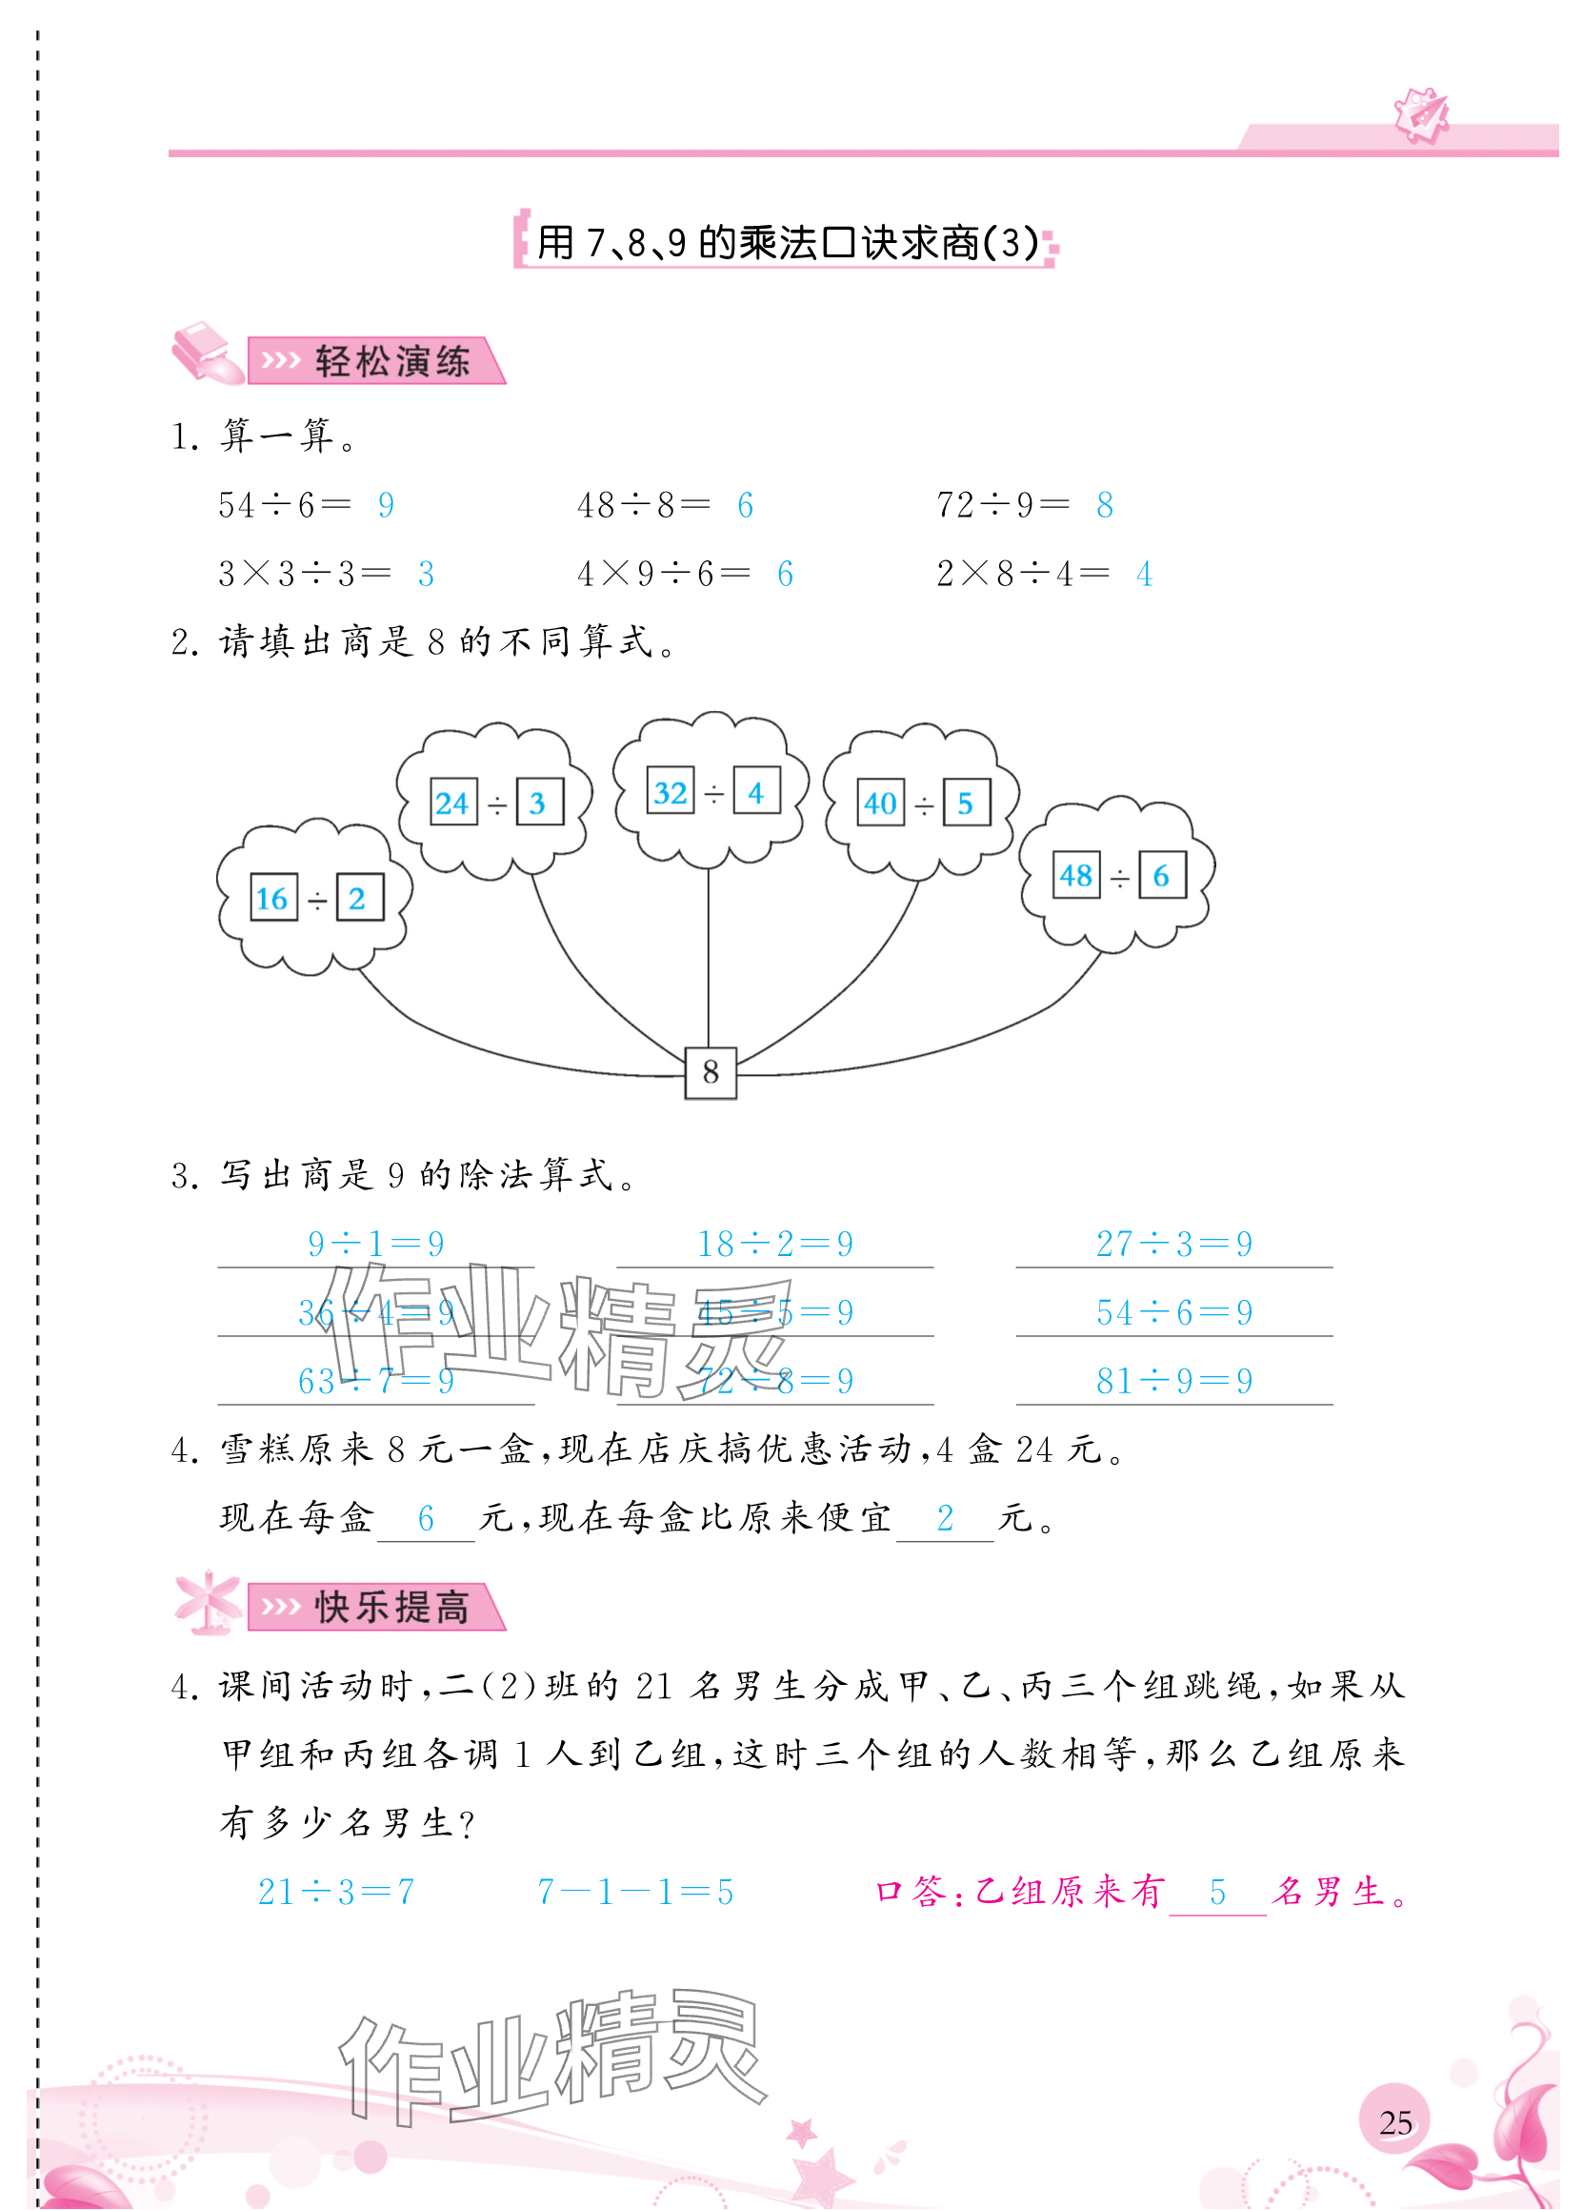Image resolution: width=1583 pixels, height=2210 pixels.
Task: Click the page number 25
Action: point(1395,2121)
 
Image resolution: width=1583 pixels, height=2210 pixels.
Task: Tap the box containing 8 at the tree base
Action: point(711,1072)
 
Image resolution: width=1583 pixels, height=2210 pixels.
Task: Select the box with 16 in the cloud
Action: point(272,899)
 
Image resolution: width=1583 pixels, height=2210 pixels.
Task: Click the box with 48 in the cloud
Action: point(1075,875)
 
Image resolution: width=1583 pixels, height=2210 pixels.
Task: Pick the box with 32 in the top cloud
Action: point(671,792)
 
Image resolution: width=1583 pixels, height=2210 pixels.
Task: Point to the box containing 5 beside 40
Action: point(966,803)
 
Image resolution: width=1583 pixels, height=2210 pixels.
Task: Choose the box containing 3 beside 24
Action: point(538,803)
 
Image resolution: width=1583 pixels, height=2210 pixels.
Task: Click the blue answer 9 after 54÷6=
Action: point(386,505)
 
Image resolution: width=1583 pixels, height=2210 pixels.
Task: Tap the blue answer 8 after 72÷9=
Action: point(1104,505)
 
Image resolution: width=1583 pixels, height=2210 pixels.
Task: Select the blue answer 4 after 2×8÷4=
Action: point(1144,574)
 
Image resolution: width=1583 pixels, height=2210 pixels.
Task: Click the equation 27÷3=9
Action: point(1173,1244)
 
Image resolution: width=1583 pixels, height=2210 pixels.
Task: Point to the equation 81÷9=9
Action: point(1173,1381)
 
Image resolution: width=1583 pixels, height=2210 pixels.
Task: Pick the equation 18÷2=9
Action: point(774,1244)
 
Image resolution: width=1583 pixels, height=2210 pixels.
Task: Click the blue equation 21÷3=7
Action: point(336,1892)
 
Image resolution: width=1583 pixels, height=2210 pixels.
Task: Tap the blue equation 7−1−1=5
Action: point(635,1892)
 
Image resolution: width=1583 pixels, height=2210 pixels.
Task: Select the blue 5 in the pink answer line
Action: point(1216,1892)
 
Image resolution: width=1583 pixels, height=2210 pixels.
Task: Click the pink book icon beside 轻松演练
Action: point(207,353)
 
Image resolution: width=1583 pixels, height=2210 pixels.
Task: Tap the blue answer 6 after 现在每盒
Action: point(426,1518)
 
